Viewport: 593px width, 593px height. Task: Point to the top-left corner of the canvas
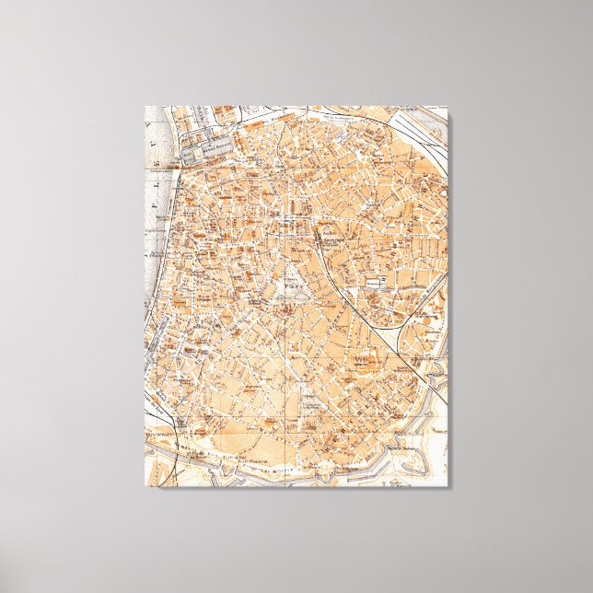tap(145, 107)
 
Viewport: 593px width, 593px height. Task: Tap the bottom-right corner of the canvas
tap(448, 485)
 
